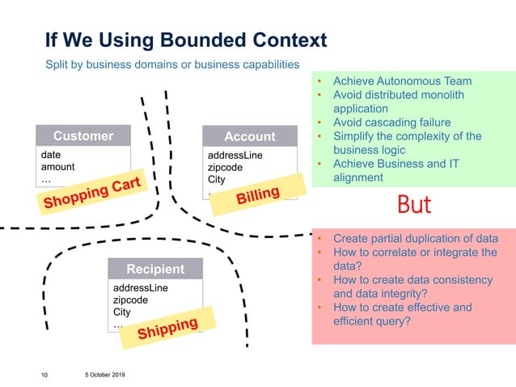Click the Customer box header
coord(82,135)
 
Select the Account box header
coord(249,137)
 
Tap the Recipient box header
coord(155,269)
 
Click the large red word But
coord(414,205)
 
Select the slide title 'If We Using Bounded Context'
coord(186,40)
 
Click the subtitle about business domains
coord(172,64)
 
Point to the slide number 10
coord(44,375)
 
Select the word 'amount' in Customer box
coord(57,167)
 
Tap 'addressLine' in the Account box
coord(235,155)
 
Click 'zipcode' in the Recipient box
coord(131,300)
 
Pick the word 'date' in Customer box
coord(51,154)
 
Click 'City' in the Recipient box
coord(122,312)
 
